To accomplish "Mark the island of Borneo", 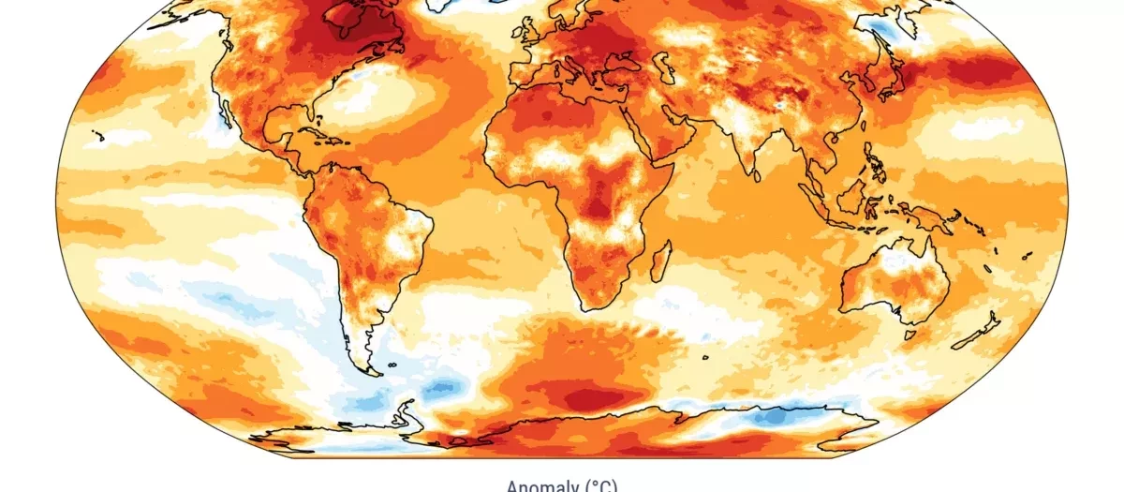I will tap(853, 196).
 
